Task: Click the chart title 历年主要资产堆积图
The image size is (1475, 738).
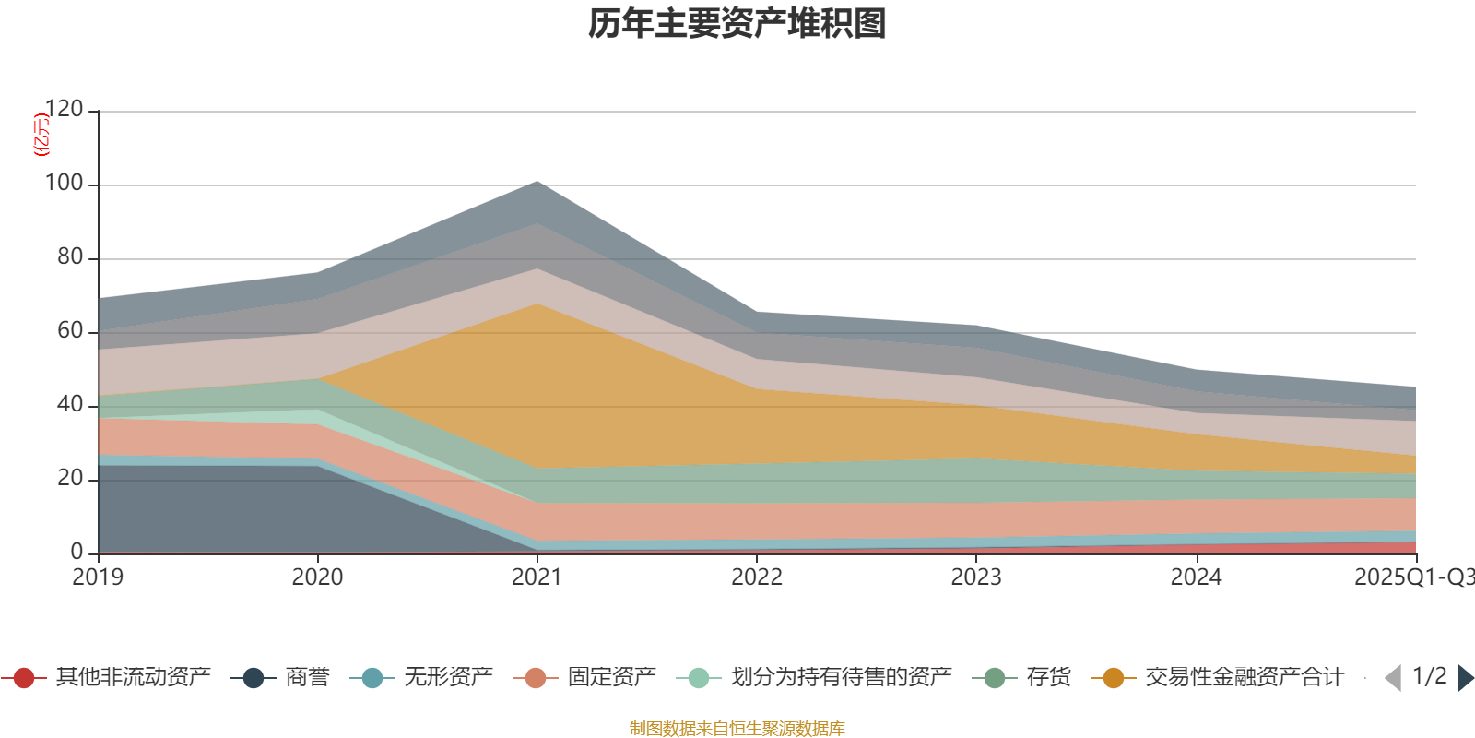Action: pyautogui.click(x=737, y=24)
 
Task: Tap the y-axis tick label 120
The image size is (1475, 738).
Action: pyautogui.click(x=64, y=110)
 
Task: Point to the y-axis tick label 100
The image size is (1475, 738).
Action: pyautogui.click(x=64, y=184)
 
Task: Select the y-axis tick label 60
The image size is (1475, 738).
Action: pyautogui.click(x=70, y=331)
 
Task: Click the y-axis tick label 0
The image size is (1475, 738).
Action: pyautogui.click(x=77, y=553)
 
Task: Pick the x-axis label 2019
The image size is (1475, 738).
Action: pyautogui.click(x=98, y=577)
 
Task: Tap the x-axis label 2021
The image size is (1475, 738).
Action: pyautogui.click(x=537, y=577)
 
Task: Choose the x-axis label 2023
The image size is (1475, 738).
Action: pyautogui.click(x=976, y=577)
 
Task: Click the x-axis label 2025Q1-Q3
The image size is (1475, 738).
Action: pyautogui.click(x=1413, y=577)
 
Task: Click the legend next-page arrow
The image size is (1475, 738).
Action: pyautogui.click(x=1465, y=678)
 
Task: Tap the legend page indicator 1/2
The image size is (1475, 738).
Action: pyautogui.click(x=1429, y=676)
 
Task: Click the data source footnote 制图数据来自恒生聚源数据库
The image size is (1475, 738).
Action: pyautogui.click(x=737, y=729)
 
